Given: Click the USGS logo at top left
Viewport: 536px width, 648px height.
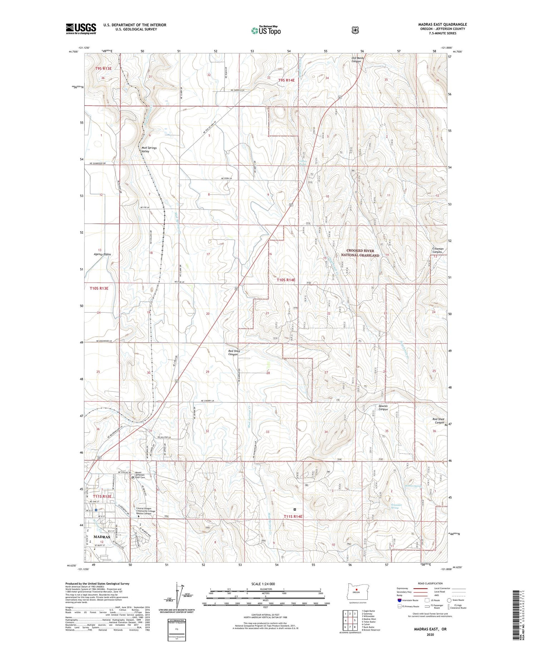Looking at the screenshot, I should tap(81, 29).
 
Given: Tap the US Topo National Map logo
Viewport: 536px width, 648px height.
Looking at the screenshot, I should tap(266, 30).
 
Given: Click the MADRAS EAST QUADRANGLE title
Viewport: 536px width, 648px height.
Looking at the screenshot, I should tap(442, 25).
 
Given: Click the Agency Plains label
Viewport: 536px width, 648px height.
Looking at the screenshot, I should tap(102, 254).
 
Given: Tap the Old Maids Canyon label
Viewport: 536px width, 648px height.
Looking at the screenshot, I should tap(356, 59).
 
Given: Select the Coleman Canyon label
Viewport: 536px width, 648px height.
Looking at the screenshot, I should tap(438, 250).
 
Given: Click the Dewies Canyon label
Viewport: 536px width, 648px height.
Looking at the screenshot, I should tap(383, 407).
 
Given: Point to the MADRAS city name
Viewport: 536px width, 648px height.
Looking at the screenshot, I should tap(102, 537).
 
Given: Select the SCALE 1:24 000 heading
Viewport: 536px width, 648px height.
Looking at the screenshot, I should tap(263, 584).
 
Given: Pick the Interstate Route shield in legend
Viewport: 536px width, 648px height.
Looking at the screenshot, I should tap(399, 600).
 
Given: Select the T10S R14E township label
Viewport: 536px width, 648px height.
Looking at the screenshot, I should tap(286, 280).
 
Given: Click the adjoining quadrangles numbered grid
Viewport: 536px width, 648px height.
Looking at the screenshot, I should tap(350, 621).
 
